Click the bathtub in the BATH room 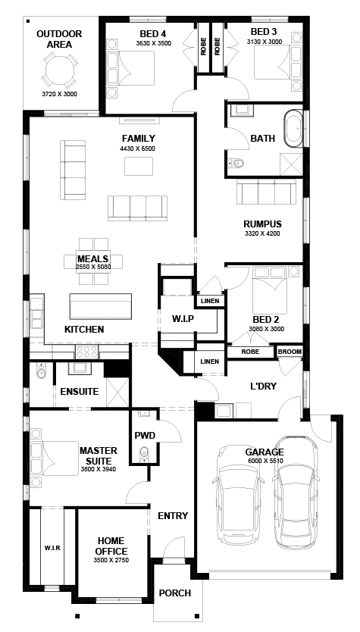[293, 129]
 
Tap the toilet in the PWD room [144, 454]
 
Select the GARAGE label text [265, 452]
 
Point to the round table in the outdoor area [59, 71]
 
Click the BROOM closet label [290, 352]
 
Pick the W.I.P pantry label [183, 319]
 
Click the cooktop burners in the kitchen [87, 352]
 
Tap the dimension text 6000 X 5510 [265, 460]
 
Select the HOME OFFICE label [111, 546]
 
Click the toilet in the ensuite [42, 371]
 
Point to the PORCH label [174, 593]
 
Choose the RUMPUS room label [262, 224]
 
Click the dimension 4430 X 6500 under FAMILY [137, 149]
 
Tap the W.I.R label [52, 548]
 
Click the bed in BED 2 [270, 289]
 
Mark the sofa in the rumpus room [266, 192]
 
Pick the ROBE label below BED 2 [250, 352]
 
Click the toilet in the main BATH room [236, 163]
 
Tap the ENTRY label [173, 516]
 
